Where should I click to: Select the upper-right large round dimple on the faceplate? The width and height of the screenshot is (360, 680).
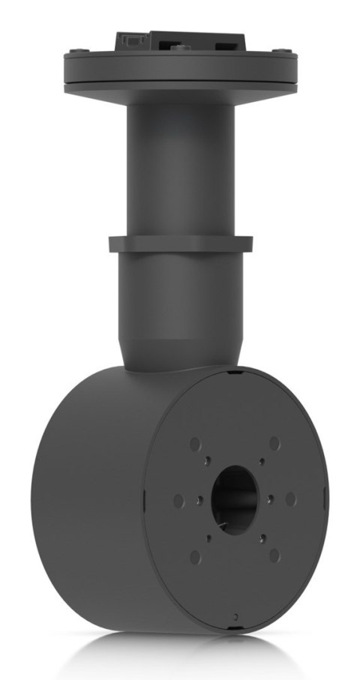[x=274, y=442]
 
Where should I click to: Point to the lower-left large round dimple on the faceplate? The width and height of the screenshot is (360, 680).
[x=195, y=556]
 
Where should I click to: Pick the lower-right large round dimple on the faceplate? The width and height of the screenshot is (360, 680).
[x=274, y=556]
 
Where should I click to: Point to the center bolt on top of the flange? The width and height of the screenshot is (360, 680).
[x=180, y=48]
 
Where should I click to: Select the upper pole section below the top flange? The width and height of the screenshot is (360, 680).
[x=180, y=165]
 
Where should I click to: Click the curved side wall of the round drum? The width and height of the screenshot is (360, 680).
[x=90, y=510]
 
